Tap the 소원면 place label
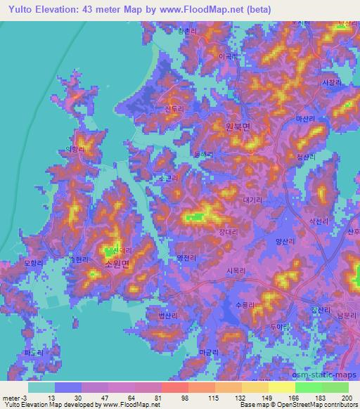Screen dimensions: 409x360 (117, 264)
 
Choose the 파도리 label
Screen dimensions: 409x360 (33, 351)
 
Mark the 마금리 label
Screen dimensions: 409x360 (209, 350)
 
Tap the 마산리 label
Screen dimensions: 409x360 (307, 121)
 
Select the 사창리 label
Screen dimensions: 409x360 (330, 82)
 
